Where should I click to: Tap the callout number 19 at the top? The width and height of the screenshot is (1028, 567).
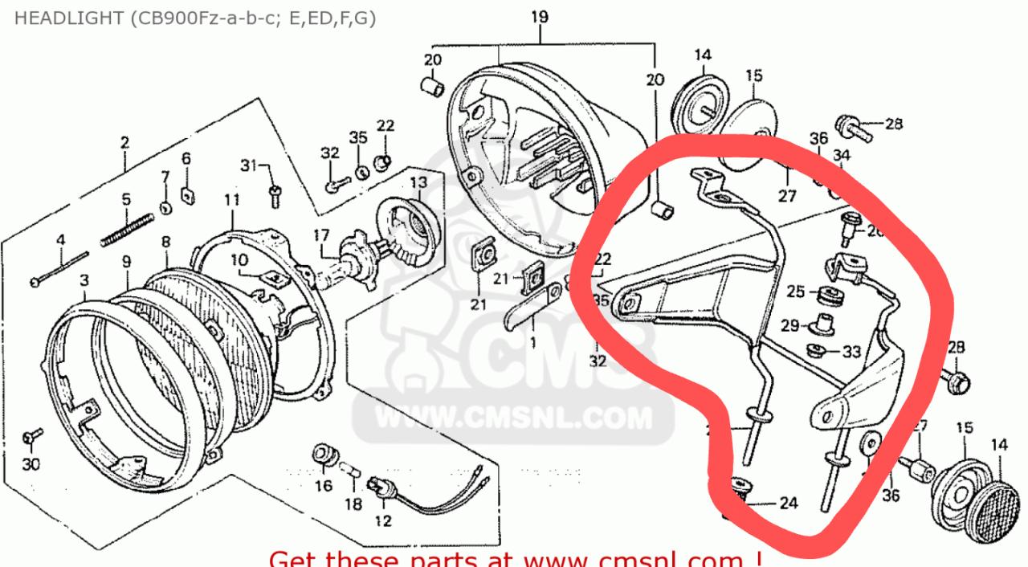tap(540, 16)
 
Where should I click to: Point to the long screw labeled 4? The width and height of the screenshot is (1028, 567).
tap(60, 268)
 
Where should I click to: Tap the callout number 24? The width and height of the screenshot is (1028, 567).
tap(789, 504)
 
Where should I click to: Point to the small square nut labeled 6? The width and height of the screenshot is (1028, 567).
tap(188, 194)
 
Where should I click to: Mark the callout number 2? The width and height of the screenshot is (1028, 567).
tap(124, 143)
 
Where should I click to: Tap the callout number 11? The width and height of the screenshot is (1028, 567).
tap(231, 200)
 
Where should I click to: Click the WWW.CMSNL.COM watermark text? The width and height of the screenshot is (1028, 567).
tap(502, 418)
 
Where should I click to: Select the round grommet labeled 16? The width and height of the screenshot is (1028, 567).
tap(324, 455)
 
